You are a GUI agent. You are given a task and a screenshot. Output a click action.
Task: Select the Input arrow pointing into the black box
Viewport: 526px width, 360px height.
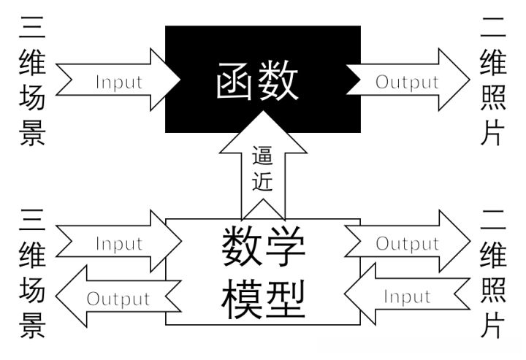tap(117, 80)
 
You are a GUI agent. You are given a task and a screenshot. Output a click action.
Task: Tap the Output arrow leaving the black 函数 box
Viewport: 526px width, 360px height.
tap(407, 81)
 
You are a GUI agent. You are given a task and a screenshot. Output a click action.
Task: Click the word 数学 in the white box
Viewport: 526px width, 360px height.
tap(262, 248)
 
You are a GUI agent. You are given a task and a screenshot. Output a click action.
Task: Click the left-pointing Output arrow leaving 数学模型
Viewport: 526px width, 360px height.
tap(117, 298)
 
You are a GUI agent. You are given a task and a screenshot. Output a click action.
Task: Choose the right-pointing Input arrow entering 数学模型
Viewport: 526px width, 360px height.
tap(117, 242)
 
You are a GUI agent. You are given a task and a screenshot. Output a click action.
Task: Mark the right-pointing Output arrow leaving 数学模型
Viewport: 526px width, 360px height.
tap(407, 242)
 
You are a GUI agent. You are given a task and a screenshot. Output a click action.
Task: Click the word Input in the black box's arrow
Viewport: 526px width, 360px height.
tap(119, 81)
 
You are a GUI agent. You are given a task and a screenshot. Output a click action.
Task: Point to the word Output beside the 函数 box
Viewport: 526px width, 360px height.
tap(407, 82)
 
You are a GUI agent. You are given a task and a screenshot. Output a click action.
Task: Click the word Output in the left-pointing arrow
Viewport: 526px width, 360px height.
tap(118, 299)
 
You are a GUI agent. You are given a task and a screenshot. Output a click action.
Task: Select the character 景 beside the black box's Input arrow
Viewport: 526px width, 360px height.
tap(32, 132)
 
